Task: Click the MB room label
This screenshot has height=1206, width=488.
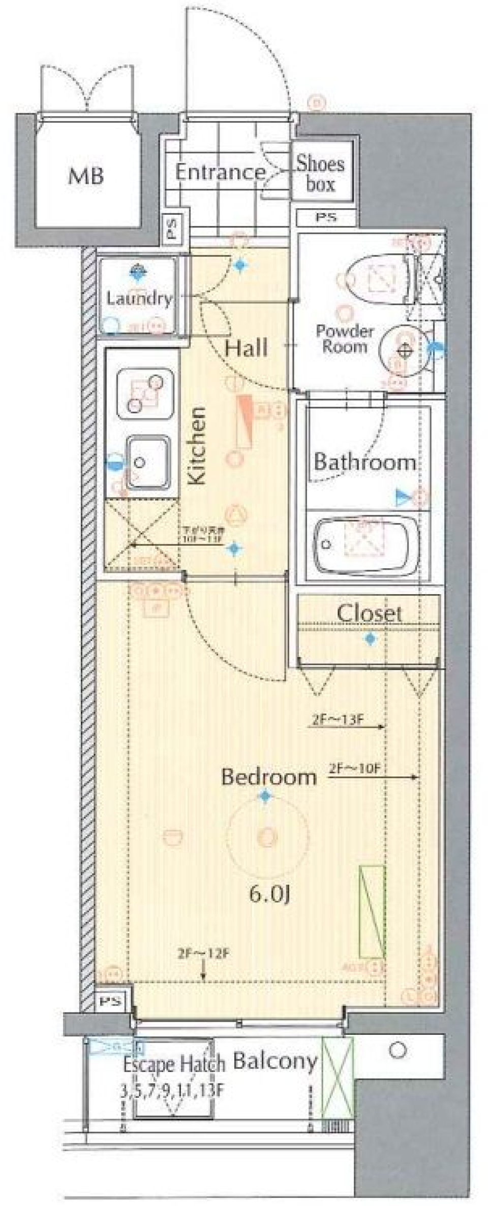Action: coord(86,176)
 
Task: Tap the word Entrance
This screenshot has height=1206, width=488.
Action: coord(220,173)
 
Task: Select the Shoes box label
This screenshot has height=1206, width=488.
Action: coord(320,174)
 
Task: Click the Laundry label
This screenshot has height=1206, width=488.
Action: coord(138,298)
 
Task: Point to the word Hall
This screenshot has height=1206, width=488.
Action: coord(246,348)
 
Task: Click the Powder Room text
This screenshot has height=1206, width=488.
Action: coord(344,339)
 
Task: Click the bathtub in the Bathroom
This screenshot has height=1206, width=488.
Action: coord(366,545)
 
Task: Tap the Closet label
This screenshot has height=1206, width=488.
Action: coord(369,613)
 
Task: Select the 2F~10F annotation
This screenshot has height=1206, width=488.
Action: coord(354,768)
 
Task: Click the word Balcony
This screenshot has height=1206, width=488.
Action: coord(275,1061)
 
